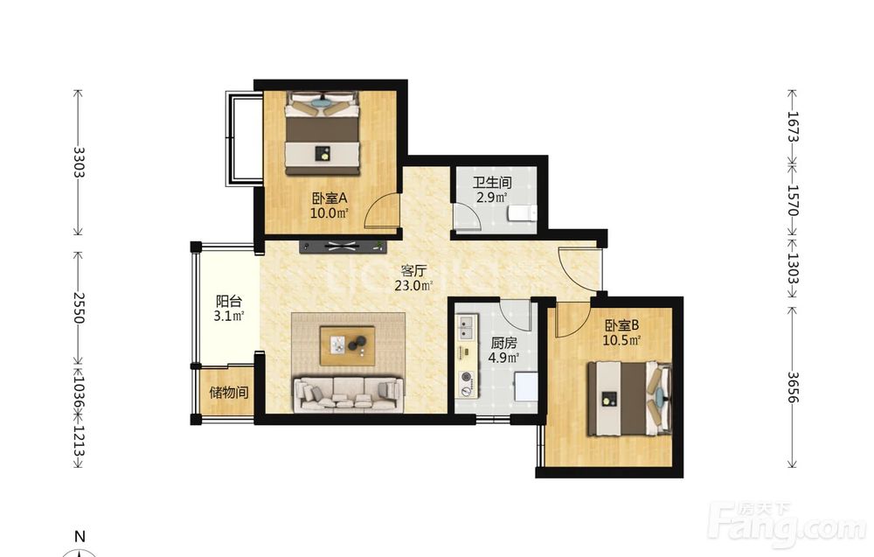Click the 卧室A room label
(329, 198)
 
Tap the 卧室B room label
(621, 325)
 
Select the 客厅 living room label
(413, 271)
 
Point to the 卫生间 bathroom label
(492, 183)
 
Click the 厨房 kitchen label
(503, 344)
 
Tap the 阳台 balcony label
(229, 302)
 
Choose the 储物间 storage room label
(228, 393)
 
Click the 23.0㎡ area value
(413, 286)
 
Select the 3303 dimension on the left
(79, 162)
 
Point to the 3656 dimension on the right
(794, 387)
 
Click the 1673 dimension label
(794, 127)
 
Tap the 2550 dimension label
(79, 308)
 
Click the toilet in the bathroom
(522, 213)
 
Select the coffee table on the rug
(347, 346)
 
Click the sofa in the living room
(349, 394)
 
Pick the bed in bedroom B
(630, 399)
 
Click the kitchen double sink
(467, 327)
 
